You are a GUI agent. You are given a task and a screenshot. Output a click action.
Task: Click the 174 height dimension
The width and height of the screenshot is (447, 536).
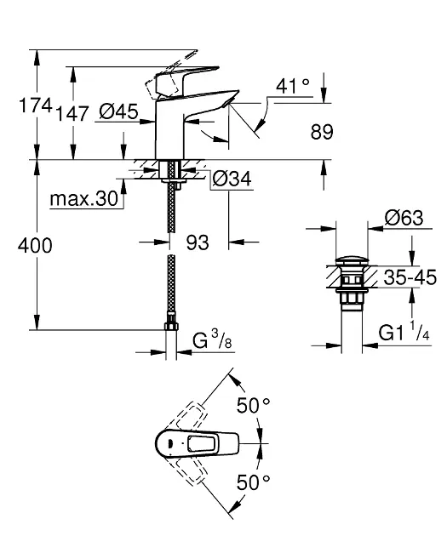pyautogui.click(x=36, y=105)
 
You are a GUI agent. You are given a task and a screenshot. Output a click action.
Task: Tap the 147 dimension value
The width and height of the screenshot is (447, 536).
pyautogui.click(x=72, y=113)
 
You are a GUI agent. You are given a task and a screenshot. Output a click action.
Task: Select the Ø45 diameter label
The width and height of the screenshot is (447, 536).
pyautogui.click(x=118, y=111)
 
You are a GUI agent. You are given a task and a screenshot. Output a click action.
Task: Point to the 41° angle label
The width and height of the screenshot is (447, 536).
pyautogui.click(x=293, y=86)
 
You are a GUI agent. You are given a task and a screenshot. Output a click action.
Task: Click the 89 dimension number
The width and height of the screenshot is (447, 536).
pyautogui.click(x=322, y=132)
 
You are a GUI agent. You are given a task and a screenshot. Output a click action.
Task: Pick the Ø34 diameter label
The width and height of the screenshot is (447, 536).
pyautogui.click(x=232, y=179)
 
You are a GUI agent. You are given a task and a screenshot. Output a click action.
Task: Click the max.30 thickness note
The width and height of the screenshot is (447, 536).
pyautogui.click(x=84, y=198)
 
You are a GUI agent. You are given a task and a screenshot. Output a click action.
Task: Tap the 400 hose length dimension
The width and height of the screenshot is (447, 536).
pyautogui.click(x=35, y=245)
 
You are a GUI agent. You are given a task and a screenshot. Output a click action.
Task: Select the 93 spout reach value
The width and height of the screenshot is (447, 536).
pyautogui.click(x=198, y=242)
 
